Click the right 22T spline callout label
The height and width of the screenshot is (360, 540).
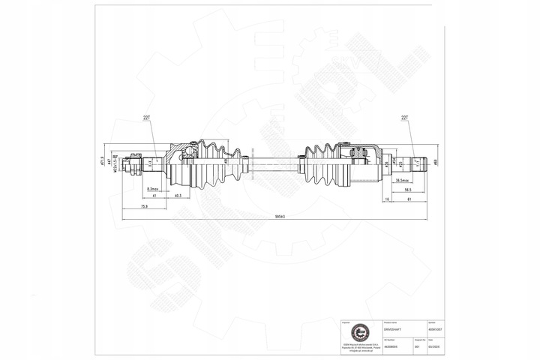pos(406,118)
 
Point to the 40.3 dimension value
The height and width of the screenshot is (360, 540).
pos(178,196)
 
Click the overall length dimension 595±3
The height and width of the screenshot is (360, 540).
pos(280,217)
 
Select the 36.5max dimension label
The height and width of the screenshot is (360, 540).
pos(402,180)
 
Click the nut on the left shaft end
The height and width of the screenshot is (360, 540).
pos(135,162)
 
